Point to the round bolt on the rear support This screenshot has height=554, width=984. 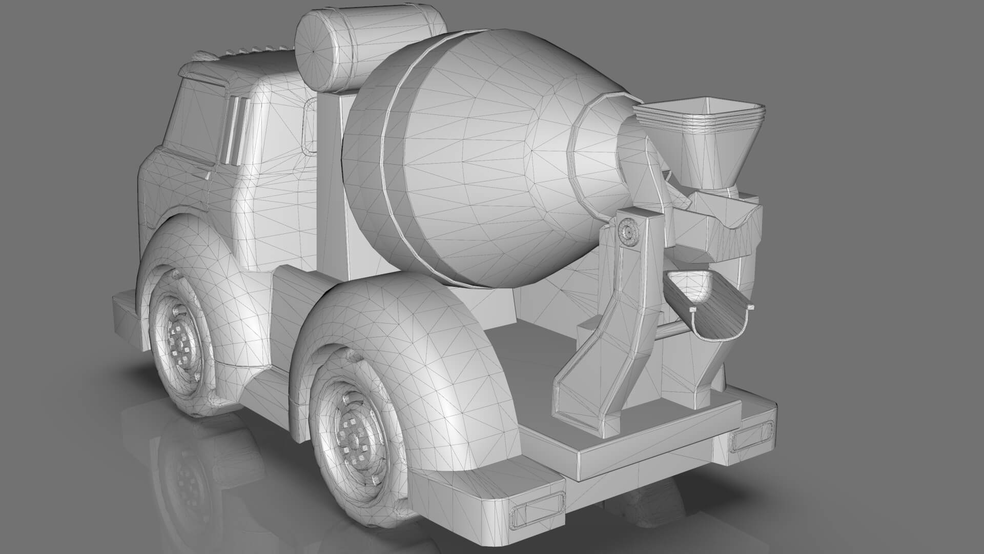[x=628, y=232]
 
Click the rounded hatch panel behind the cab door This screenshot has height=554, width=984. [x=310, y=126]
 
